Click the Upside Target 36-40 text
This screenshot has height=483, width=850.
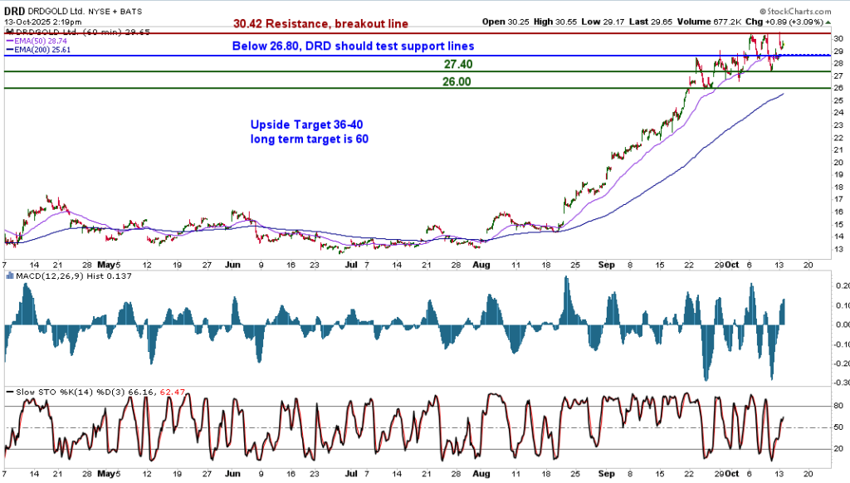pos(305,124)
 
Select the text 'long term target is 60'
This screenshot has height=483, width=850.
pos(310,139)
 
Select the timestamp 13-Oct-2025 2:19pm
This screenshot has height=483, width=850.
pos(38,20)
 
